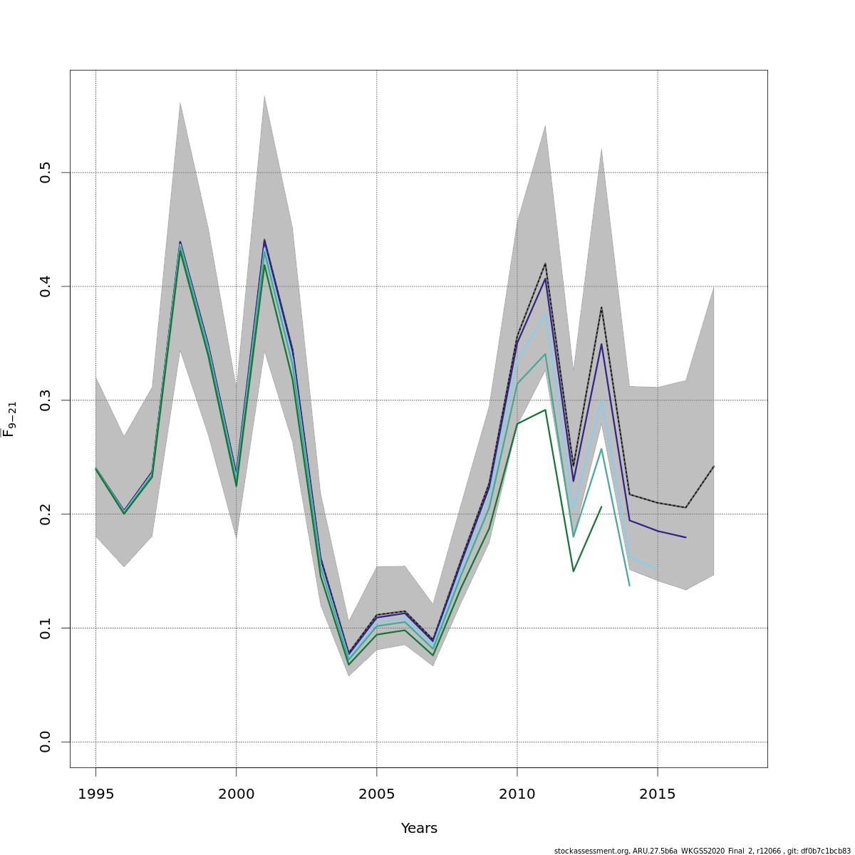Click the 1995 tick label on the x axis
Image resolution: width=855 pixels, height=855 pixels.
pos(95,794)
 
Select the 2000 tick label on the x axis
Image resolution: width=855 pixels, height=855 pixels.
pos(236,794)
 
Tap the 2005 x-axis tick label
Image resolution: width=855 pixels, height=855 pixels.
pos(376,794)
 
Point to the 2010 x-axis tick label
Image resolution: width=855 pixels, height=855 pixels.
pos(517,794)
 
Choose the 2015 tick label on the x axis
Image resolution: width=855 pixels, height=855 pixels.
pos(657,794)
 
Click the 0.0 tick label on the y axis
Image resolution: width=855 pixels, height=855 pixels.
pos(46,742)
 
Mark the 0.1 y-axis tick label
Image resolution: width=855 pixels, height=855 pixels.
pos(46,628)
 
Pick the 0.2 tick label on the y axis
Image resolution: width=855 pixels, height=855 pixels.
pos(46,514)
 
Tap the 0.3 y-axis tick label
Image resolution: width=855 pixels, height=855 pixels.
pos(46,400)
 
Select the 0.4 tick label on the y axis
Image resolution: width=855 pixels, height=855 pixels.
pos(46,286)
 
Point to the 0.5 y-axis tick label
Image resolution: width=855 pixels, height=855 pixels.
pos(46,172)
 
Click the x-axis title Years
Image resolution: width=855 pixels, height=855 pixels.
pos(419,829)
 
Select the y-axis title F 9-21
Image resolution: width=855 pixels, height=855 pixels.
pos(9,419)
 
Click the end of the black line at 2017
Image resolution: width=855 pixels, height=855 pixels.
pos(713,467)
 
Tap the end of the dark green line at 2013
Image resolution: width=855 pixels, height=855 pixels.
pos(601,507)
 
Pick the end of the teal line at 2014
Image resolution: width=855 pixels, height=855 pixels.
pos(629,585)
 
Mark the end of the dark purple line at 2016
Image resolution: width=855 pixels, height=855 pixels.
pos(685,537)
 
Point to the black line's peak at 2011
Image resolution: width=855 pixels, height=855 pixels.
pos(545,264)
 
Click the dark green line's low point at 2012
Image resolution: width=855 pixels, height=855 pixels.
pos(573,571)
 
